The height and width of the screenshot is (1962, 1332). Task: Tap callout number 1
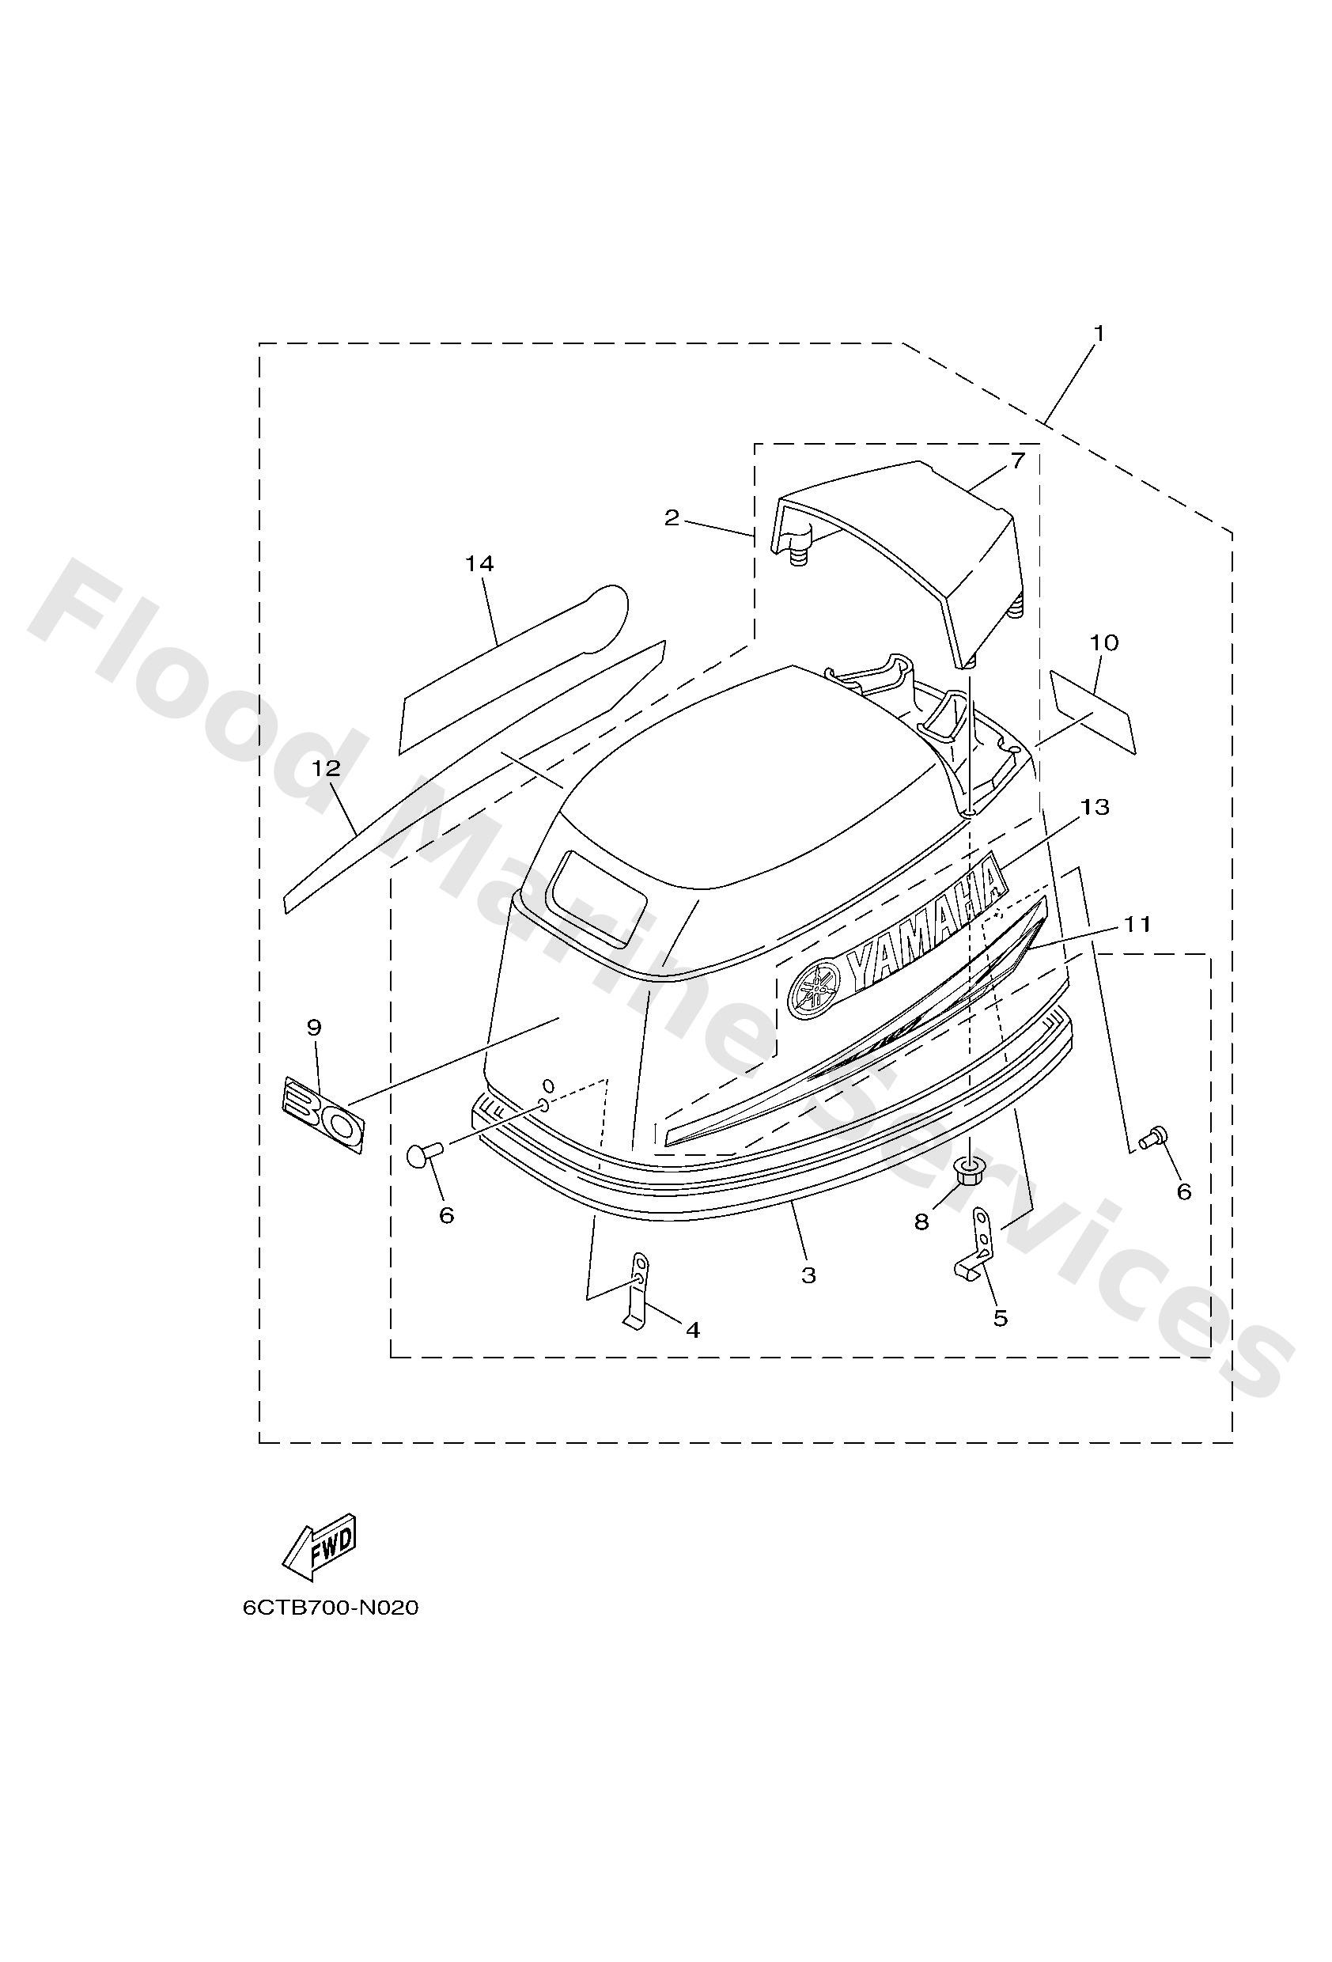(1099, 334)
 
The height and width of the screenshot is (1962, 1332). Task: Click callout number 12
(326, 767)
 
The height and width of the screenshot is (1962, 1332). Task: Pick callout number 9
(314, 1028)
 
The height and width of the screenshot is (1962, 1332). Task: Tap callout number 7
(1017, 460)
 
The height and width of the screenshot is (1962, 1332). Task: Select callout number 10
(1104, 642)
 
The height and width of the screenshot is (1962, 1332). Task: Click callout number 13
(1094, 806)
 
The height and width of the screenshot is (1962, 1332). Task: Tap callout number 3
(808, 1275)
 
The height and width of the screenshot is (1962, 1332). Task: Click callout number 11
(1137, 925)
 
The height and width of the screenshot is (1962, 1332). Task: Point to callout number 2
(671, 517)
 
